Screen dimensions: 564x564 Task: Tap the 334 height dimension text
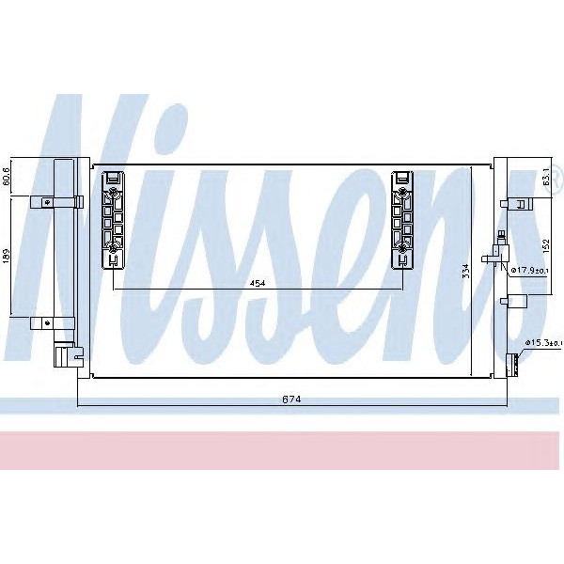464,272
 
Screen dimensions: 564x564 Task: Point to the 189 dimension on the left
7,258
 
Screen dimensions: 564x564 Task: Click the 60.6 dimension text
7,176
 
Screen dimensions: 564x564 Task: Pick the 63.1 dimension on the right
547,179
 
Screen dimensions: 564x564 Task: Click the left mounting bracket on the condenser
114,217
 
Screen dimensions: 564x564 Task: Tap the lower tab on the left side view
43,322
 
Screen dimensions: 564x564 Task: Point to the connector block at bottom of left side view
62,356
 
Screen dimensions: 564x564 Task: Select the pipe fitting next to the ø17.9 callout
495,253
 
